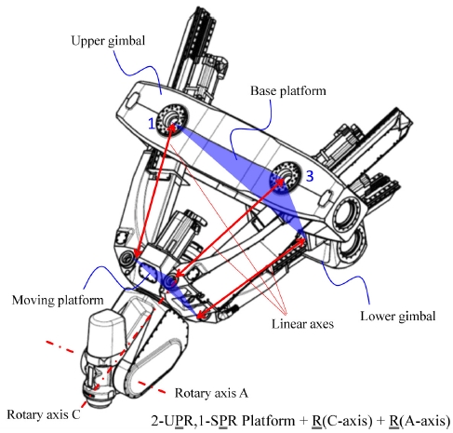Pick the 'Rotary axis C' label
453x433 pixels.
(x=42, y=413)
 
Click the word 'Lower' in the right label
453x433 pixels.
(x=379, y=315)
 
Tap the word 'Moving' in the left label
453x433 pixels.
(x=31, y=301)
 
